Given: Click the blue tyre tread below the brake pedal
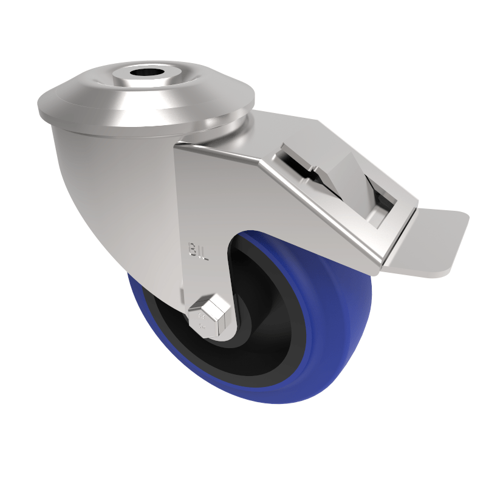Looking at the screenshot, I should [358, 316].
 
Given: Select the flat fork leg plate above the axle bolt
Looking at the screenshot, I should [200, 207].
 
